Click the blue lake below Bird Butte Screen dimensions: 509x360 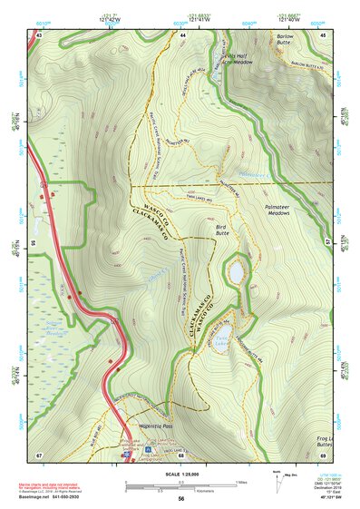(x=235, y=272)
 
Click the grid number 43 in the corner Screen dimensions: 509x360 (x=40, y=34)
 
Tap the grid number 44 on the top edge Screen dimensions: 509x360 (x=182, y=34)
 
